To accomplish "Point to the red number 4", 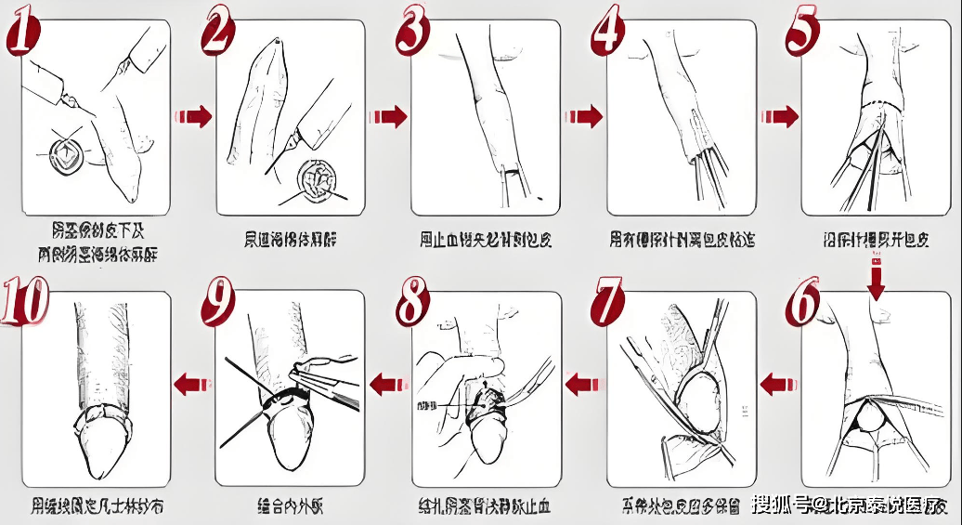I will tap(609, 33).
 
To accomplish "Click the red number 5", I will tap(803, 33).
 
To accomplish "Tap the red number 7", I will tap(608, 301).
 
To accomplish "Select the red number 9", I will tap(218, 301).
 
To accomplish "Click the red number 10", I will tap(28, 301).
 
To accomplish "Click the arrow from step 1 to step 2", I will tap(192, 116).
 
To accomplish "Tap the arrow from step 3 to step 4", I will tap(584, 116).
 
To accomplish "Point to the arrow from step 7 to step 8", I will tap(582, 381).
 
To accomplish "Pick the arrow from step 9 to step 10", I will tap(192, 381).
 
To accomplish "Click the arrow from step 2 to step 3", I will tap(388, 116).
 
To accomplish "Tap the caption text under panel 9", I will tap(290, 507).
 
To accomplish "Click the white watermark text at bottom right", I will tap(849, 505).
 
